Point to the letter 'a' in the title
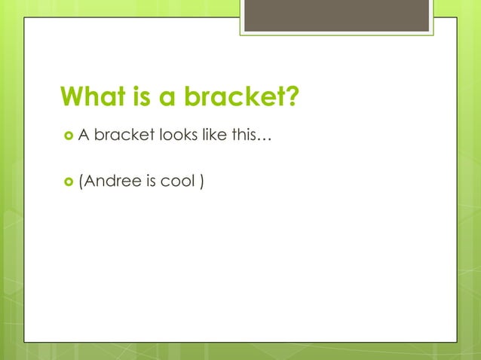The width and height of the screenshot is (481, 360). coord(168,99)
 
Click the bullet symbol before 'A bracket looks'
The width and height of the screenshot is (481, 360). coord(68,136)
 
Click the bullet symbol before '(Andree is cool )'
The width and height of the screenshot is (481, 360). coord(68,179)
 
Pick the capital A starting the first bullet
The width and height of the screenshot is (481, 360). coord(84,135)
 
